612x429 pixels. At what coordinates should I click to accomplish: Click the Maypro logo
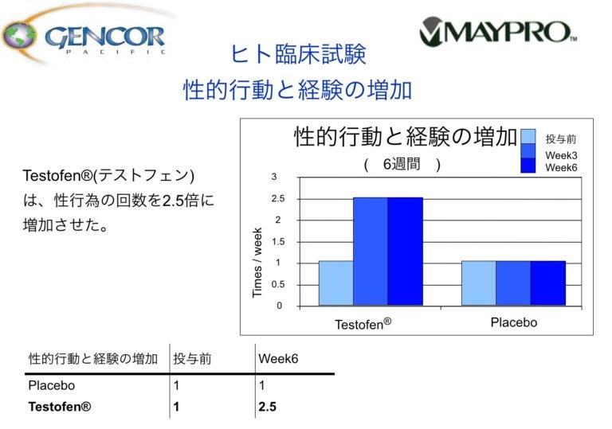(x=497, y=31)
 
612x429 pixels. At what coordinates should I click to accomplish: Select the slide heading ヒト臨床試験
(x=298, y=55)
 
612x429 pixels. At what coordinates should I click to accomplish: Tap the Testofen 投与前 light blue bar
(x=335, y=283)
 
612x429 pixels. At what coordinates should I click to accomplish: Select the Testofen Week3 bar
(x=371, y=252)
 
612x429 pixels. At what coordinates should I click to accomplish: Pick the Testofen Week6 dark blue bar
(x=405, y=252)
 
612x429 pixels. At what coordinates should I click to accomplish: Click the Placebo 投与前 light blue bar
(x=478, y=283)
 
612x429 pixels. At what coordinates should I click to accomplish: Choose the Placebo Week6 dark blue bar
(x=547, y=283)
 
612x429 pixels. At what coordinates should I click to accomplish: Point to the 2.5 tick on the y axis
(x=278, y=198)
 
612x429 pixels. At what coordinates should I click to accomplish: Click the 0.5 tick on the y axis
(x=278, y=284)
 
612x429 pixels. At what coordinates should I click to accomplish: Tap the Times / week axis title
(x=257, y=263)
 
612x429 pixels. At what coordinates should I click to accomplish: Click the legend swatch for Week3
(x=530, y=151)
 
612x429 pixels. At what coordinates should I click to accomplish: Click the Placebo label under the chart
(x=513, y=322)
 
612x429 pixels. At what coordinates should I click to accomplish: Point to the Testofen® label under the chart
(x=363, y=325)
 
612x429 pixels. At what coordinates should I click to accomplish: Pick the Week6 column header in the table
(x=278, y=359)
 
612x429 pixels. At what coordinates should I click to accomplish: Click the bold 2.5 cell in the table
(x=268, y=407)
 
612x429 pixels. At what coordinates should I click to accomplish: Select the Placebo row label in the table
(x=52, y=385)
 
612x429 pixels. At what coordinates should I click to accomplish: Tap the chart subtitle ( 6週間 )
(x=402, y=165)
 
